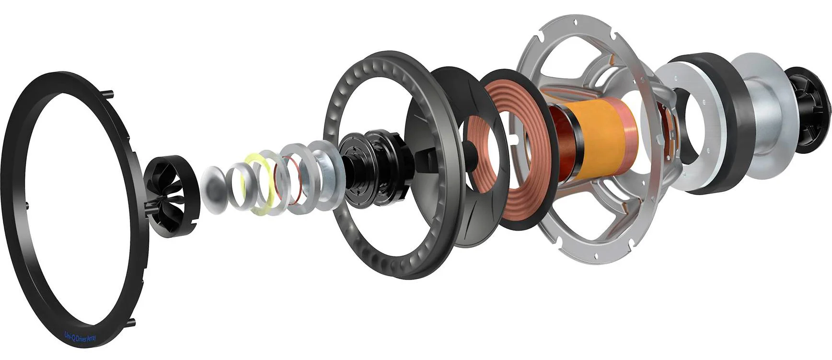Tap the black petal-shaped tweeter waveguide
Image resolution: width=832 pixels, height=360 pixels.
[x=171, y=197]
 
